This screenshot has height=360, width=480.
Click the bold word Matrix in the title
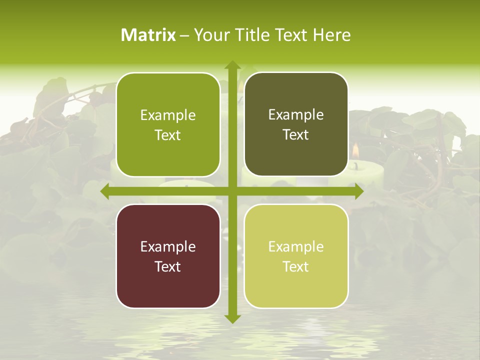click(148, 35)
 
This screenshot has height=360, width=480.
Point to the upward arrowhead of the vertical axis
click(232, 65)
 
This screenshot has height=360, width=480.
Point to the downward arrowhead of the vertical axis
click(232, 318)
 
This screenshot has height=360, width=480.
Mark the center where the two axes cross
click(232, 191)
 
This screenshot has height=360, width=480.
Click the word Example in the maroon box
click(168, 246)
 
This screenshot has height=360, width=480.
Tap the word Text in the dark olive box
click(296, 134)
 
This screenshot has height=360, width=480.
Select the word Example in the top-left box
click(168, 115)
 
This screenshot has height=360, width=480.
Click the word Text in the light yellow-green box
click(296, 266)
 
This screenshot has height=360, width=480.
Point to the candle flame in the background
click(355, 150)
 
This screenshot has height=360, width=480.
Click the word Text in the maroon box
click(168, 266)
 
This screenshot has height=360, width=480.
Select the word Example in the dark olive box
click(296, 114)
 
